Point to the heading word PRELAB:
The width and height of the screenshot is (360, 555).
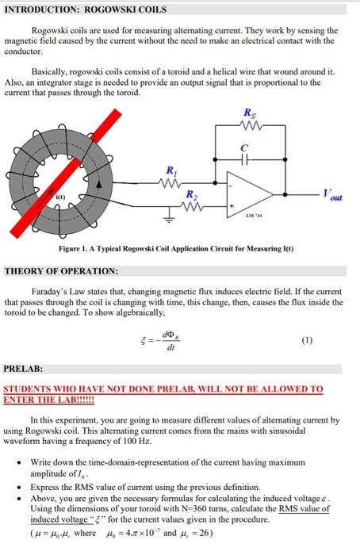(24, 368)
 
